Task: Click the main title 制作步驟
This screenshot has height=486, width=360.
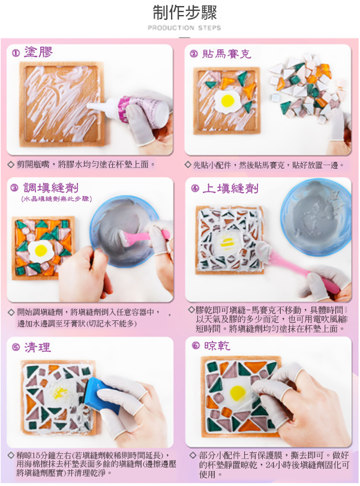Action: (185, 13)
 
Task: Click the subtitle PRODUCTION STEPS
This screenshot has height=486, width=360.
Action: (184, 28)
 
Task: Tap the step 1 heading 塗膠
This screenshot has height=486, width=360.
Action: (38, 52)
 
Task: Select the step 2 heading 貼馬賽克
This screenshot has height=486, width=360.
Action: (227, 54)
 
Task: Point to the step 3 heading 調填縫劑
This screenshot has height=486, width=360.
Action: (51, 188)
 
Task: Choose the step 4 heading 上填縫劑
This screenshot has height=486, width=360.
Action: (230, 188)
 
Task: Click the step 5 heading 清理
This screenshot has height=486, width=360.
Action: (38, 347)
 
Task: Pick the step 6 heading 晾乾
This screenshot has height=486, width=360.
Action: (217, 346)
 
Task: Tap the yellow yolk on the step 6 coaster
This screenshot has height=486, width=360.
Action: (237, 393)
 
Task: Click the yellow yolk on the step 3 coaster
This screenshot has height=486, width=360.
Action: (41, 250)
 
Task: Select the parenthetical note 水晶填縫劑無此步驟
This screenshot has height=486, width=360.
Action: (57, 199)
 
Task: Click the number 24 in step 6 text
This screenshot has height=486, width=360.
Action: (271, 465)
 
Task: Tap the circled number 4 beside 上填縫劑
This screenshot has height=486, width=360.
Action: (195, 188)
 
